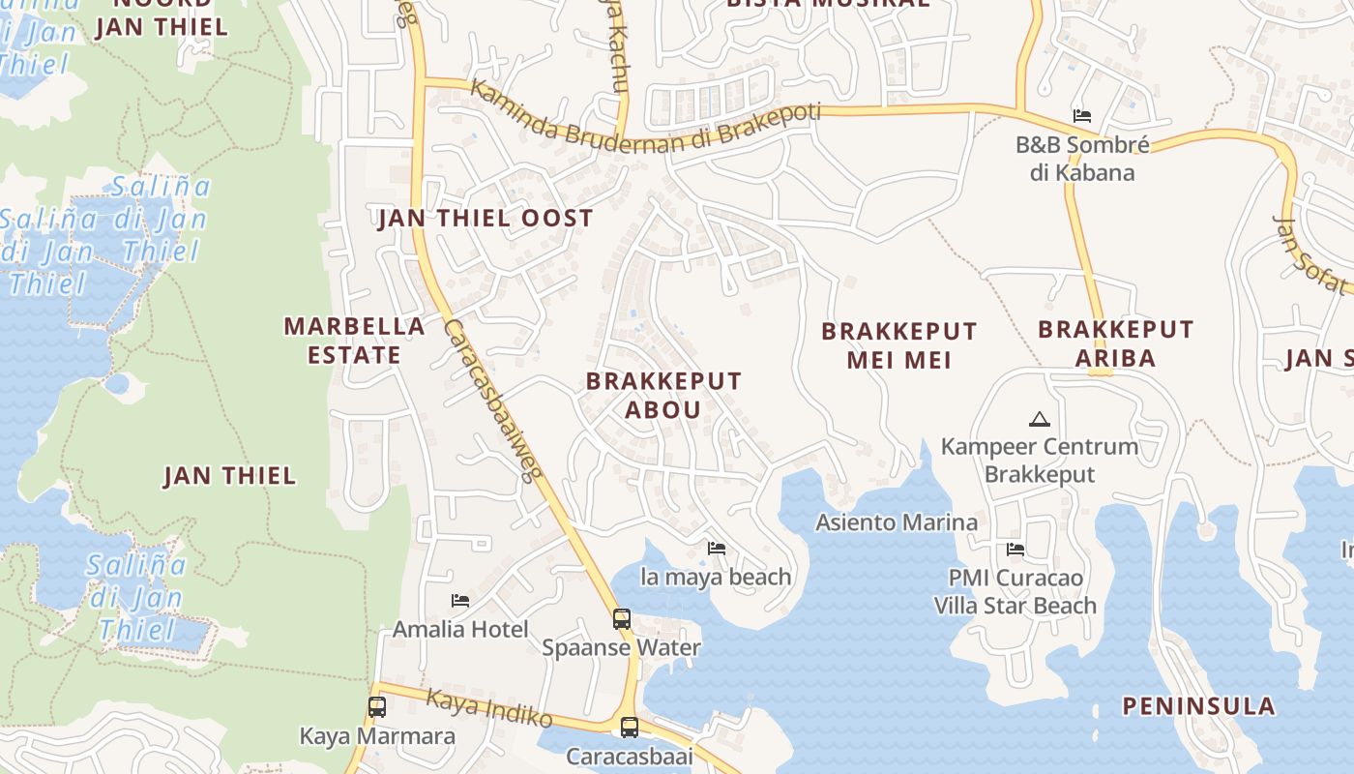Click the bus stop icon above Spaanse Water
[621, 618]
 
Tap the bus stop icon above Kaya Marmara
[377, 706]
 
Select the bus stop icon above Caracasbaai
[630, 727]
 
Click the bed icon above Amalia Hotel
[460, 601]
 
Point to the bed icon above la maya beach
[717, 549]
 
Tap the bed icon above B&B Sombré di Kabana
[1082, 116]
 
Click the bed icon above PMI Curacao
[1015, 550]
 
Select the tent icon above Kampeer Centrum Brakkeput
[1040, 419]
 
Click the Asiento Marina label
[897, 522]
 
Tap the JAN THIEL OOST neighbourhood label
[486, 218]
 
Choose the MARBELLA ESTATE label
[354, 341]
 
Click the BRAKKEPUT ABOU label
[663, 395]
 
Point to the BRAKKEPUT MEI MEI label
[899, 345]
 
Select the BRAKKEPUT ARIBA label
[1116, 343]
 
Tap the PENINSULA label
[1198, 705]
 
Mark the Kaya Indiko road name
[489, 708]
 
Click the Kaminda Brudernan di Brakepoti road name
[645, 120]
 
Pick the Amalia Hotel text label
[460, 630]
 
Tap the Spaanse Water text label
[621, 647]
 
